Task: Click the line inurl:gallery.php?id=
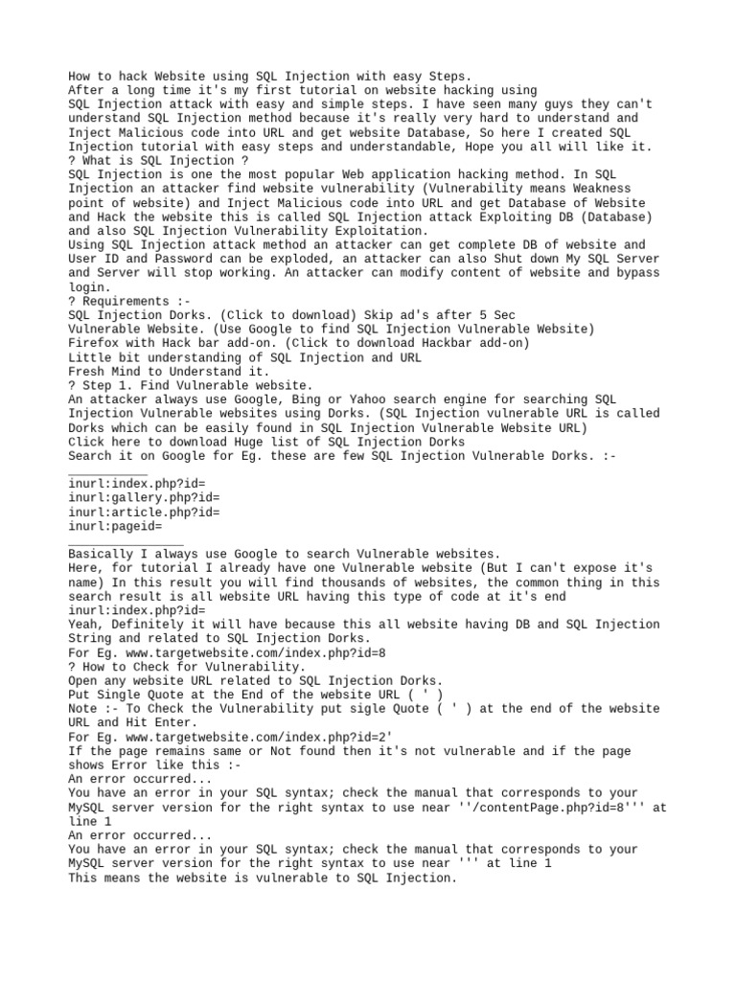(x=144, y=498)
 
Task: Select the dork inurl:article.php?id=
(x=144, y=512)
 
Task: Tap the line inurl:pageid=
(x=115, y=526)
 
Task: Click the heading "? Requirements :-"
(x=129, y=301)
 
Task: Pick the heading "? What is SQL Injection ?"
(x=158, y=161)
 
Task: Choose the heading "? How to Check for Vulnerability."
(x=187, y=667)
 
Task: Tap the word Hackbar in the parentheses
(x=451, y=343)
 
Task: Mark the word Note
(x=82, y=709)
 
